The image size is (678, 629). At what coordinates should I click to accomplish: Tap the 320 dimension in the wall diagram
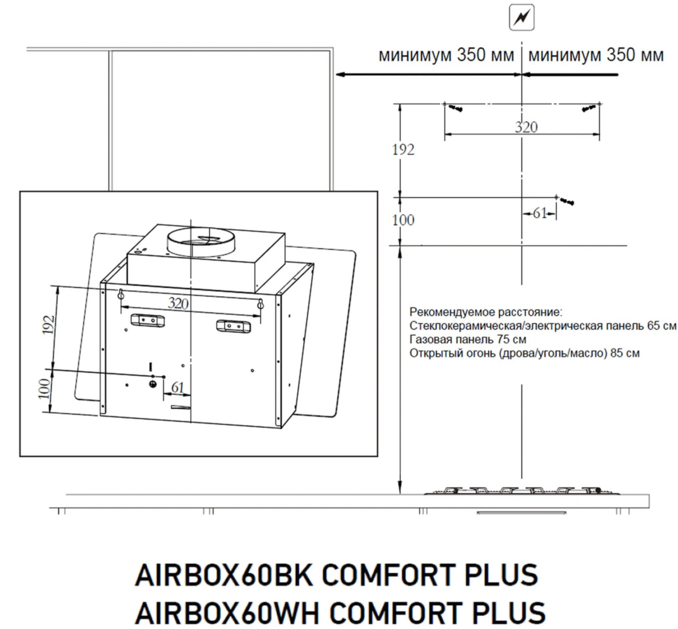coord(526,127)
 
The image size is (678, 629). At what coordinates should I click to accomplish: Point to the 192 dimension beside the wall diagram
coord(403,150)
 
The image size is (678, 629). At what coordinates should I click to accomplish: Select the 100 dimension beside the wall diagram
coord(403,220)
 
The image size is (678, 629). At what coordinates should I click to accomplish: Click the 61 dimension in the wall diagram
coord(540,213)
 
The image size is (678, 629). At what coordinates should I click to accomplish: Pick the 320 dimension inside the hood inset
coord(178,303)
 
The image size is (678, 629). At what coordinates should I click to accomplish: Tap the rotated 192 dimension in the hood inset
coord(49,325)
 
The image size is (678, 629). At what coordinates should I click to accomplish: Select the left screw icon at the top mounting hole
coord(457,108)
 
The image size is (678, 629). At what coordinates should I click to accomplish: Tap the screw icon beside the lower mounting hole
coord(567,201)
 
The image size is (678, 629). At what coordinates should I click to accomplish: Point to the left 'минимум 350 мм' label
coord(446,55)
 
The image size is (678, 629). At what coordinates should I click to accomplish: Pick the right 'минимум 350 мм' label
coord(596,55)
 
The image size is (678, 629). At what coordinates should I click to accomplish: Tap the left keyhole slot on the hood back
coord(120,294)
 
